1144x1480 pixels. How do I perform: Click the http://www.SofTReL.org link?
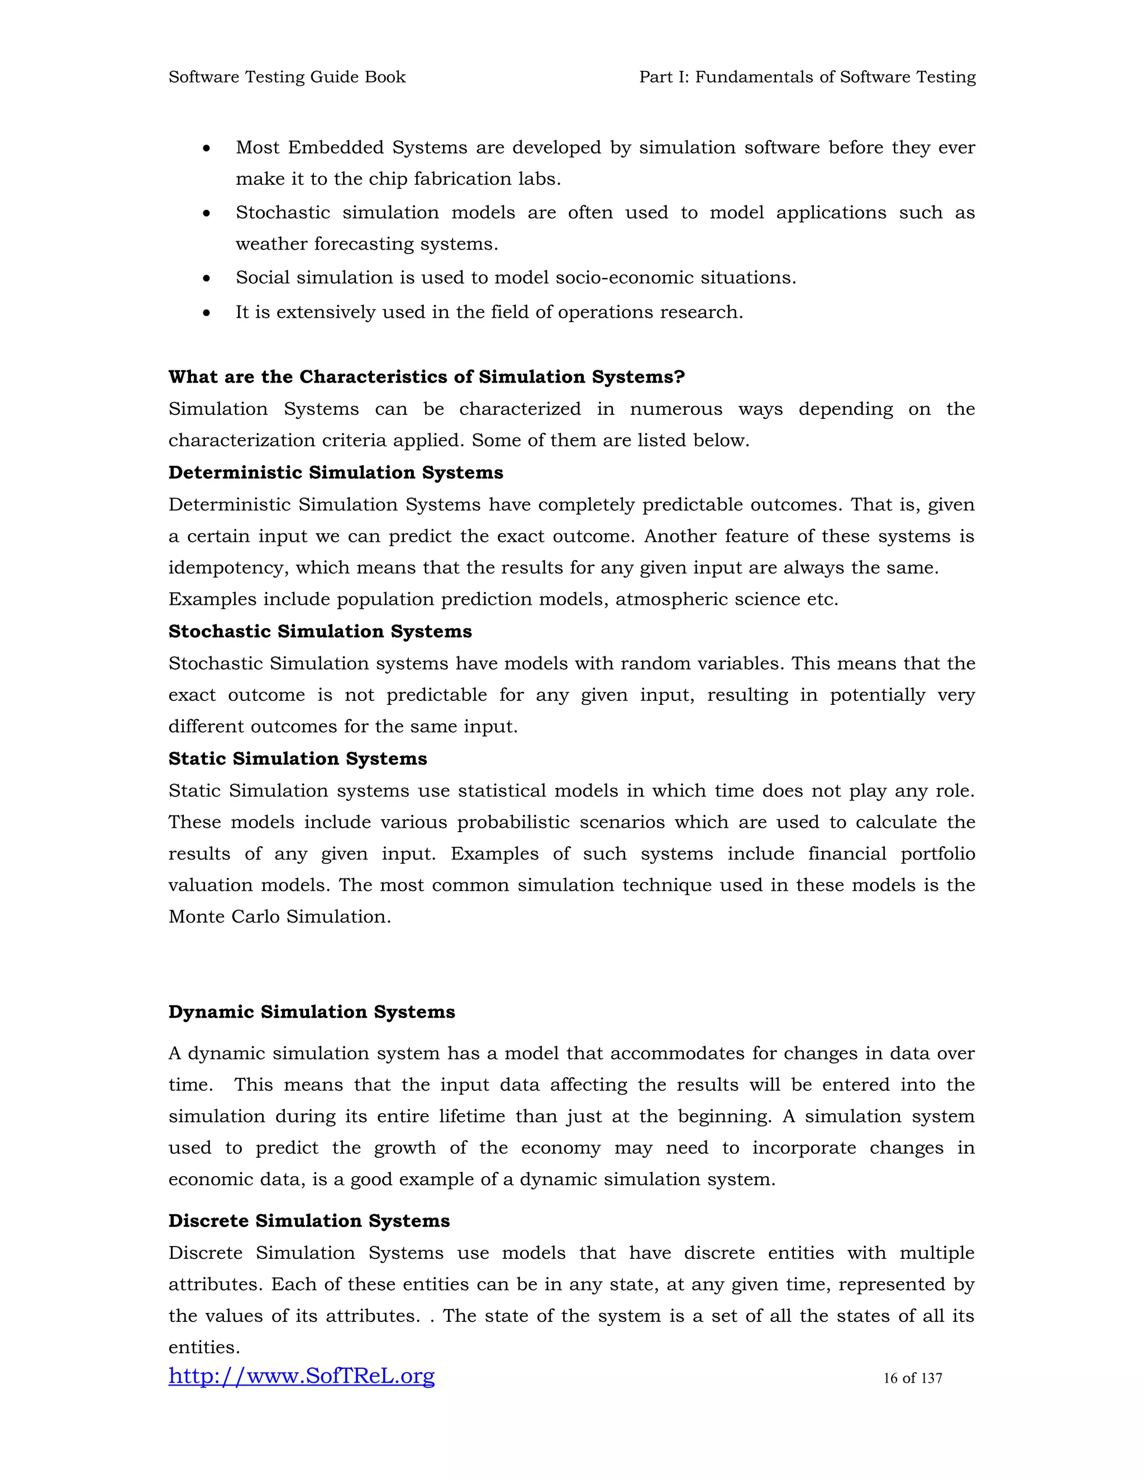click(301, 1376)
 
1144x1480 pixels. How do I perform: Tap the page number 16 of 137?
click(912, 1378)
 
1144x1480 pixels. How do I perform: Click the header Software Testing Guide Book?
click(287, 77)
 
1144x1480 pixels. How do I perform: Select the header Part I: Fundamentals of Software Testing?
click(807, 77)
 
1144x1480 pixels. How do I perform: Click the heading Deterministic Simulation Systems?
click(336, 472)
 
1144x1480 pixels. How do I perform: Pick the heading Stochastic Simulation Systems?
click(320, 631)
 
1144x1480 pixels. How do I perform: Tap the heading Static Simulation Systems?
click(298, 758)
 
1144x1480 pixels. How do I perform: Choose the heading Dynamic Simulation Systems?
click(312, 1012)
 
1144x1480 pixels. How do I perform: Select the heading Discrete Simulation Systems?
click(309, 1220)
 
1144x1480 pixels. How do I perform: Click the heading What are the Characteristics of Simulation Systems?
click(426, 377)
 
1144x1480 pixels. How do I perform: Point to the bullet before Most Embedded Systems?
click(207, 149)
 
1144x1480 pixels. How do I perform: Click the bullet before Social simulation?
click(207, 279)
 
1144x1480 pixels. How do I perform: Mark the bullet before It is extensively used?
click(207, 313)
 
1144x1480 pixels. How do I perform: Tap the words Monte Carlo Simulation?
click(279, 917)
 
